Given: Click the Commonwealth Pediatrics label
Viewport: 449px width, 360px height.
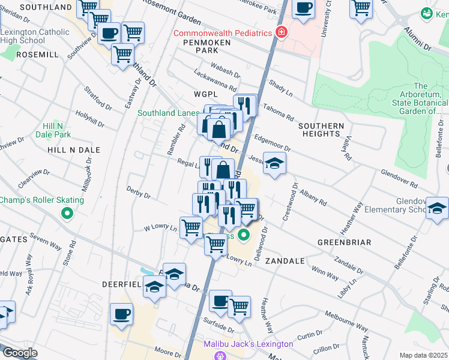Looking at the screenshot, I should [x=223, y=33].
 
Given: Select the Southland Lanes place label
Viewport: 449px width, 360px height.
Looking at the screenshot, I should [x=168, y=113].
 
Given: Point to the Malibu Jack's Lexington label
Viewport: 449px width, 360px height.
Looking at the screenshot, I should [x=247, y=344].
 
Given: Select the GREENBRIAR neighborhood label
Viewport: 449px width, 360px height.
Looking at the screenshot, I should [x=344, y=242].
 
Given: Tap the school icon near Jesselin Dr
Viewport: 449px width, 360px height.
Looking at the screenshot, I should [x=274, y=163].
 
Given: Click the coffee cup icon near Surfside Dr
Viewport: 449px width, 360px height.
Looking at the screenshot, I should [x=220, y=300].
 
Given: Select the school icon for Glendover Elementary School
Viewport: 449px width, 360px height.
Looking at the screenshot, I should [x=437, y=208].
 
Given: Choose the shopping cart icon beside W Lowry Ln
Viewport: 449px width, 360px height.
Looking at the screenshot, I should [x=191, y=227].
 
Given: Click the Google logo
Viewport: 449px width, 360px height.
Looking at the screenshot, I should [x=20, y=353].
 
